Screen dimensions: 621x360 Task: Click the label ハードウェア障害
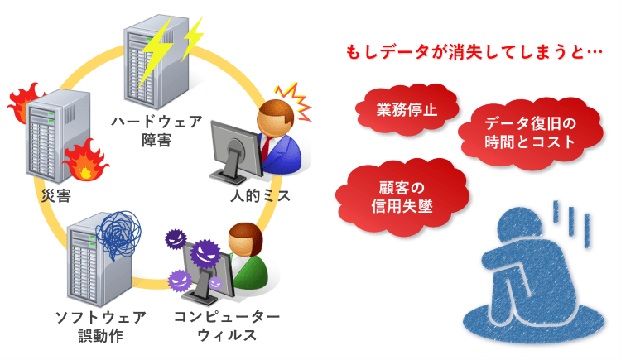tap(156, 130)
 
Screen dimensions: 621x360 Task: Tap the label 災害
tap(56, 195)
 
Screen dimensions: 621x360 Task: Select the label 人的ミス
tap(260, 195)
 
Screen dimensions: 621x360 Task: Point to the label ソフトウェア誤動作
tap(100, 326)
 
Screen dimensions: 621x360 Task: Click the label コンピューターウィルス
tap(227, 326)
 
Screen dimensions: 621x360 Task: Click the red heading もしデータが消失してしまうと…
tap(474, 52)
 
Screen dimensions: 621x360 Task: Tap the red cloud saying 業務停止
tap(407, 110)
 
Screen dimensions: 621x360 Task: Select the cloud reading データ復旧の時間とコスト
tap(530, 133)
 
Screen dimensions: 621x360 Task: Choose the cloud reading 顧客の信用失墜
tap(402, 197)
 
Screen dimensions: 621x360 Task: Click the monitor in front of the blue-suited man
tap(234, 152)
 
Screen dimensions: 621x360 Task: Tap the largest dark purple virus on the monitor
tap(205, 253)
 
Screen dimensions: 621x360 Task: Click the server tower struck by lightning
tap(156, 61)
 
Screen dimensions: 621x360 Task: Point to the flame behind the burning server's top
tap(25, 101)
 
